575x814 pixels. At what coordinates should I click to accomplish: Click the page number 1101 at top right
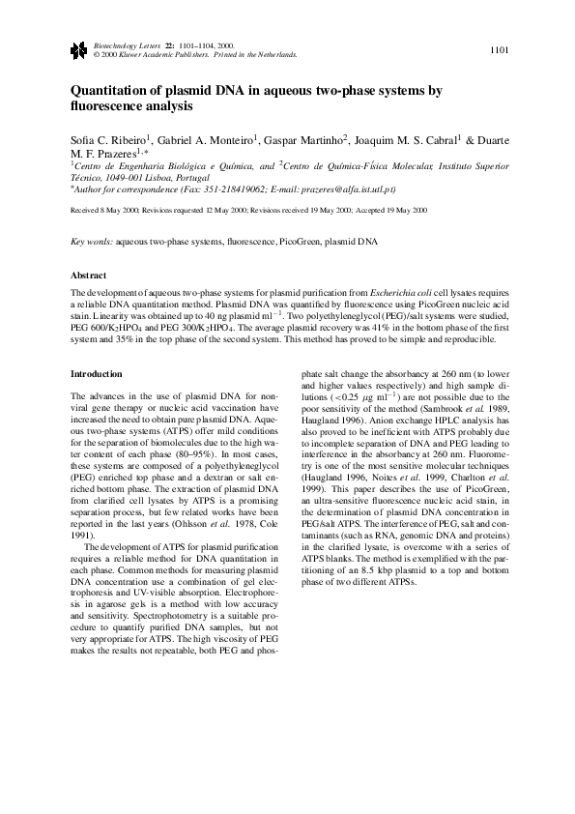click(x=500, y=49)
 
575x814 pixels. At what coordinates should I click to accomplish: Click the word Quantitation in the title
click(x=110, y=91)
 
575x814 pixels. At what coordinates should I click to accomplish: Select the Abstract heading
click(x=90, y=276)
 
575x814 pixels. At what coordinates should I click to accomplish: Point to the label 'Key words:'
click(x=93, y=240)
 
